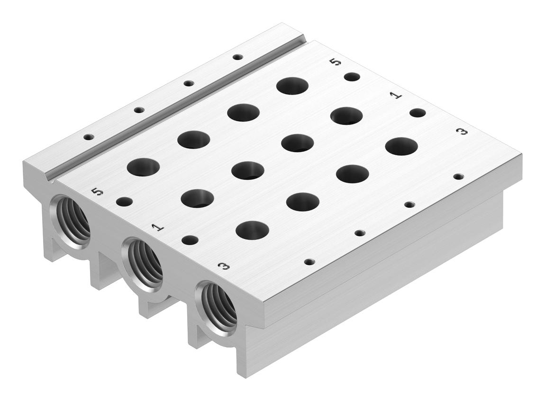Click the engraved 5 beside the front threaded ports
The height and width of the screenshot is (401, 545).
point(97,191)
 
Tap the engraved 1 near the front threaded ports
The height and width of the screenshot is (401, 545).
point(158,227)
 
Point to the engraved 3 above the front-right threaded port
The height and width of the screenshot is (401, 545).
point(224,266)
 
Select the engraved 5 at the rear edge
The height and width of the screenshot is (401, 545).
point(336,62)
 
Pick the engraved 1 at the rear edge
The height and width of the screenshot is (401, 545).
point(396,95)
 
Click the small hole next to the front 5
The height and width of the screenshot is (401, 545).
point(124,202)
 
